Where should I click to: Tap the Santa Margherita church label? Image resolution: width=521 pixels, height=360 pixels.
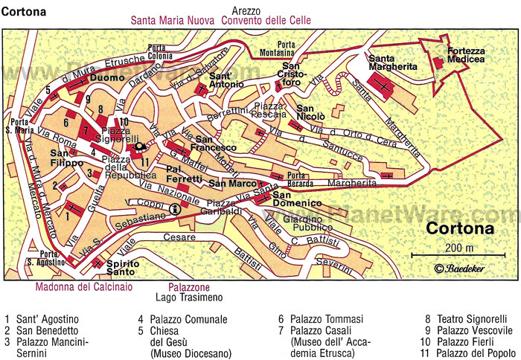[394, 62]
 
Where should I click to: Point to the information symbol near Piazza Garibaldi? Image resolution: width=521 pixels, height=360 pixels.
[175, 210]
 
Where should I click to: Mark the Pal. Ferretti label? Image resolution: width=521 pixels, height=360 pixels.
[184, 173]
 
